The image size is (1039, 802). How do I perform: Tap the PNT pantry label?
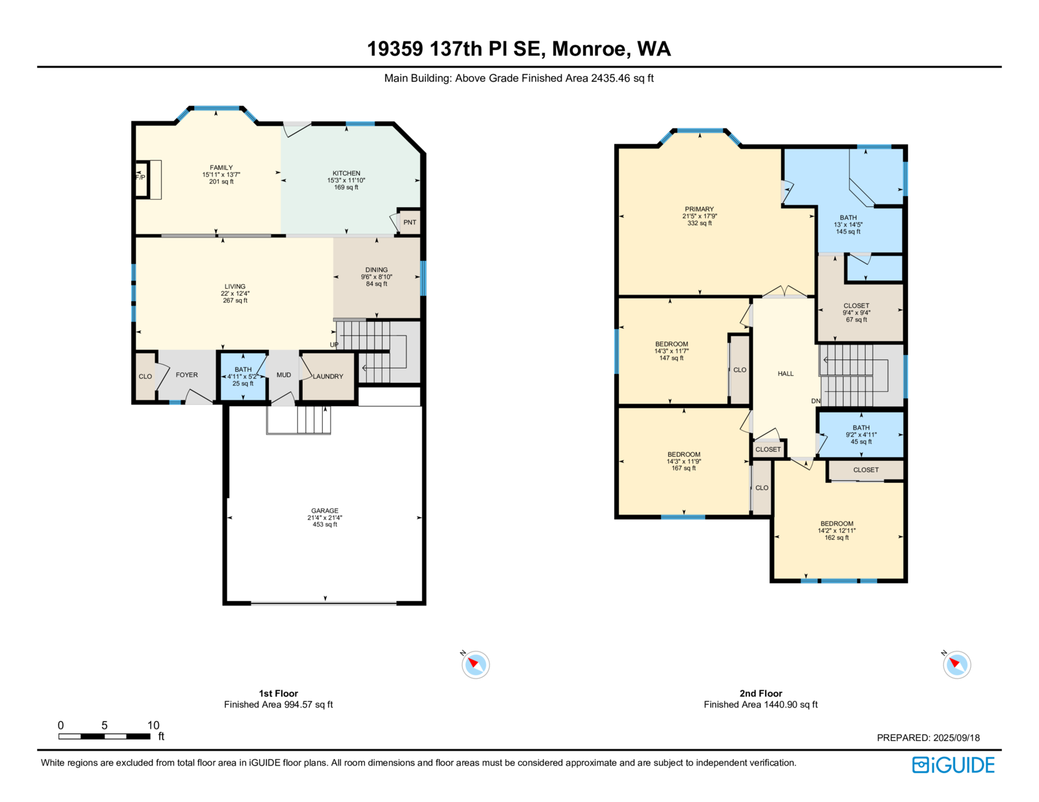pyautogui.click(x=409, y=222)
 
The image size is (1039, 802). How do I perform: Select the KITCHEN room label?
pyautogui.click(x=346, y=173)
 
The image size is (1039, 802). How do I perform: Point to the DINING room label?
pyautogui.click(x=376, y=270)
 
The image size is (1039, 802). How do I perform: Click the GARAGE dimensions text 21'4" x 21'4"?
pyautogui.click(x=325, y=517)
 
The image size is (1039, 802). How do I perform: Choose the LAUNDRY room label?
pyautogui.click(x=328, y=376)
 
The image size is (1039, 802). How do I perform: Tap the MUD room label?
pyautogui.click(x=284, y=375)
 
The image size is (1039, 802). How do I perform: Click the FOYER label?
pyautogui.click(x=186, y=375)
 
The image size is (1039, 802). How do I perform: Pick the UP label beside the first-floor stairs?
pyautogui.click(x=334, y=345)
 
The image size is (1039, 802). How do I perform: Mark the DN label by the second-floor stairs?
pyautogui.click(x=816, y=401)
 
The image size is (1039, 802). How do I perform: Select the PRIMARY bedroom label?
pyautogui.click(x=699, y=209)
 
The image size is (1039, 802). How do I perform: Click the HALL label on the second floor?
pyautogui.click(x=786, y=374)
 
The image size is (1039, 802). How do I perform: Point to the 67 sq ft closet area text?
pyautogui.click(x=857, y=319)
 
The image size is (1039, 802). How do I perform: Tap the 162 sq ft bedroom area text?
pyautogui.click(x=837, y=537)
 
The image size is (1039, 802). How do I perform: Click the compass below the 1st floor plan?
pyautogui.click(x=475, y=664)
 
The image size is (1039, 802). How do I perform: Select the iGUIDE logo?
pyautogui.click(x=953, y=765)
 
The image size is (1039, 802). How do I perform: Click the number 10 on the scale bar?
pyautogui.click(x=153, y=725)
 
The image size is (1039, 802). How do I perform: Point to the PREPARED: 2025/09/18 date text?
pyautogui.click(x=928, y=738)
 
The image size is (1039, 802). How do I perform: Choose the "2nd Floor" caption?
pyautogui.click(x=760, y=693)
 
